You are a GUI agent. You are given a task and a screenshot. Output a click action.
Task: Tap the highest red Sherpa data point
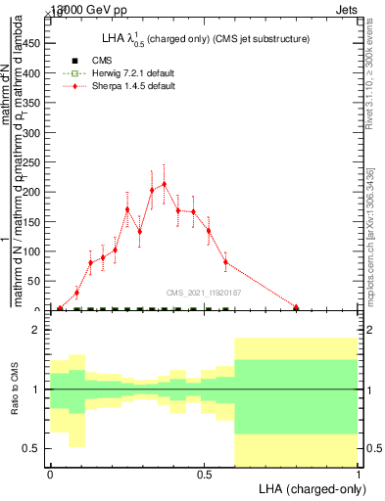click(x=164, y=184)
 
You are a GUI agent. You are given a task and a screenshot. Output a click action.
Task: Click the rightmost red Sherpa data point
click(x=296, y=307)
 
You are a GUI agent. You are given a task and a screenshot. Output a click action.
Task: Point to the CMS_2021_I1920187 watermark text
click(x=204, y=292)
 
